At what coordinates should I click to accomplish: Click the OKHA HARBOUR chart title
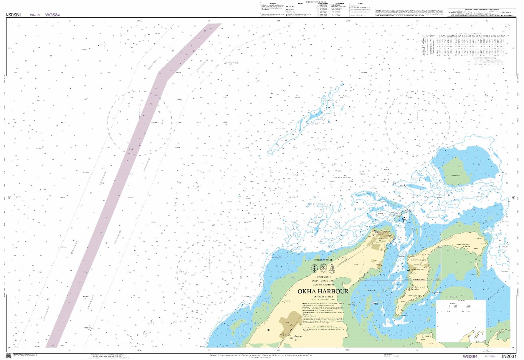pyautogui.click(x=322, y=291)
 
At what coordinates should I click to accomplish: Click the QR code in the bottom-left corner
pyautogui.click(x=8, y=355)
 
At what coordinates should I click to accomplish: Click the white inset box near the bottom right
pyautogui.click(x=461, y=320)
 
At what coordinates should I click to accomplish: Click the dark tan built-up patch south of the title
pyautogui.click(x=292, y=319)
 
